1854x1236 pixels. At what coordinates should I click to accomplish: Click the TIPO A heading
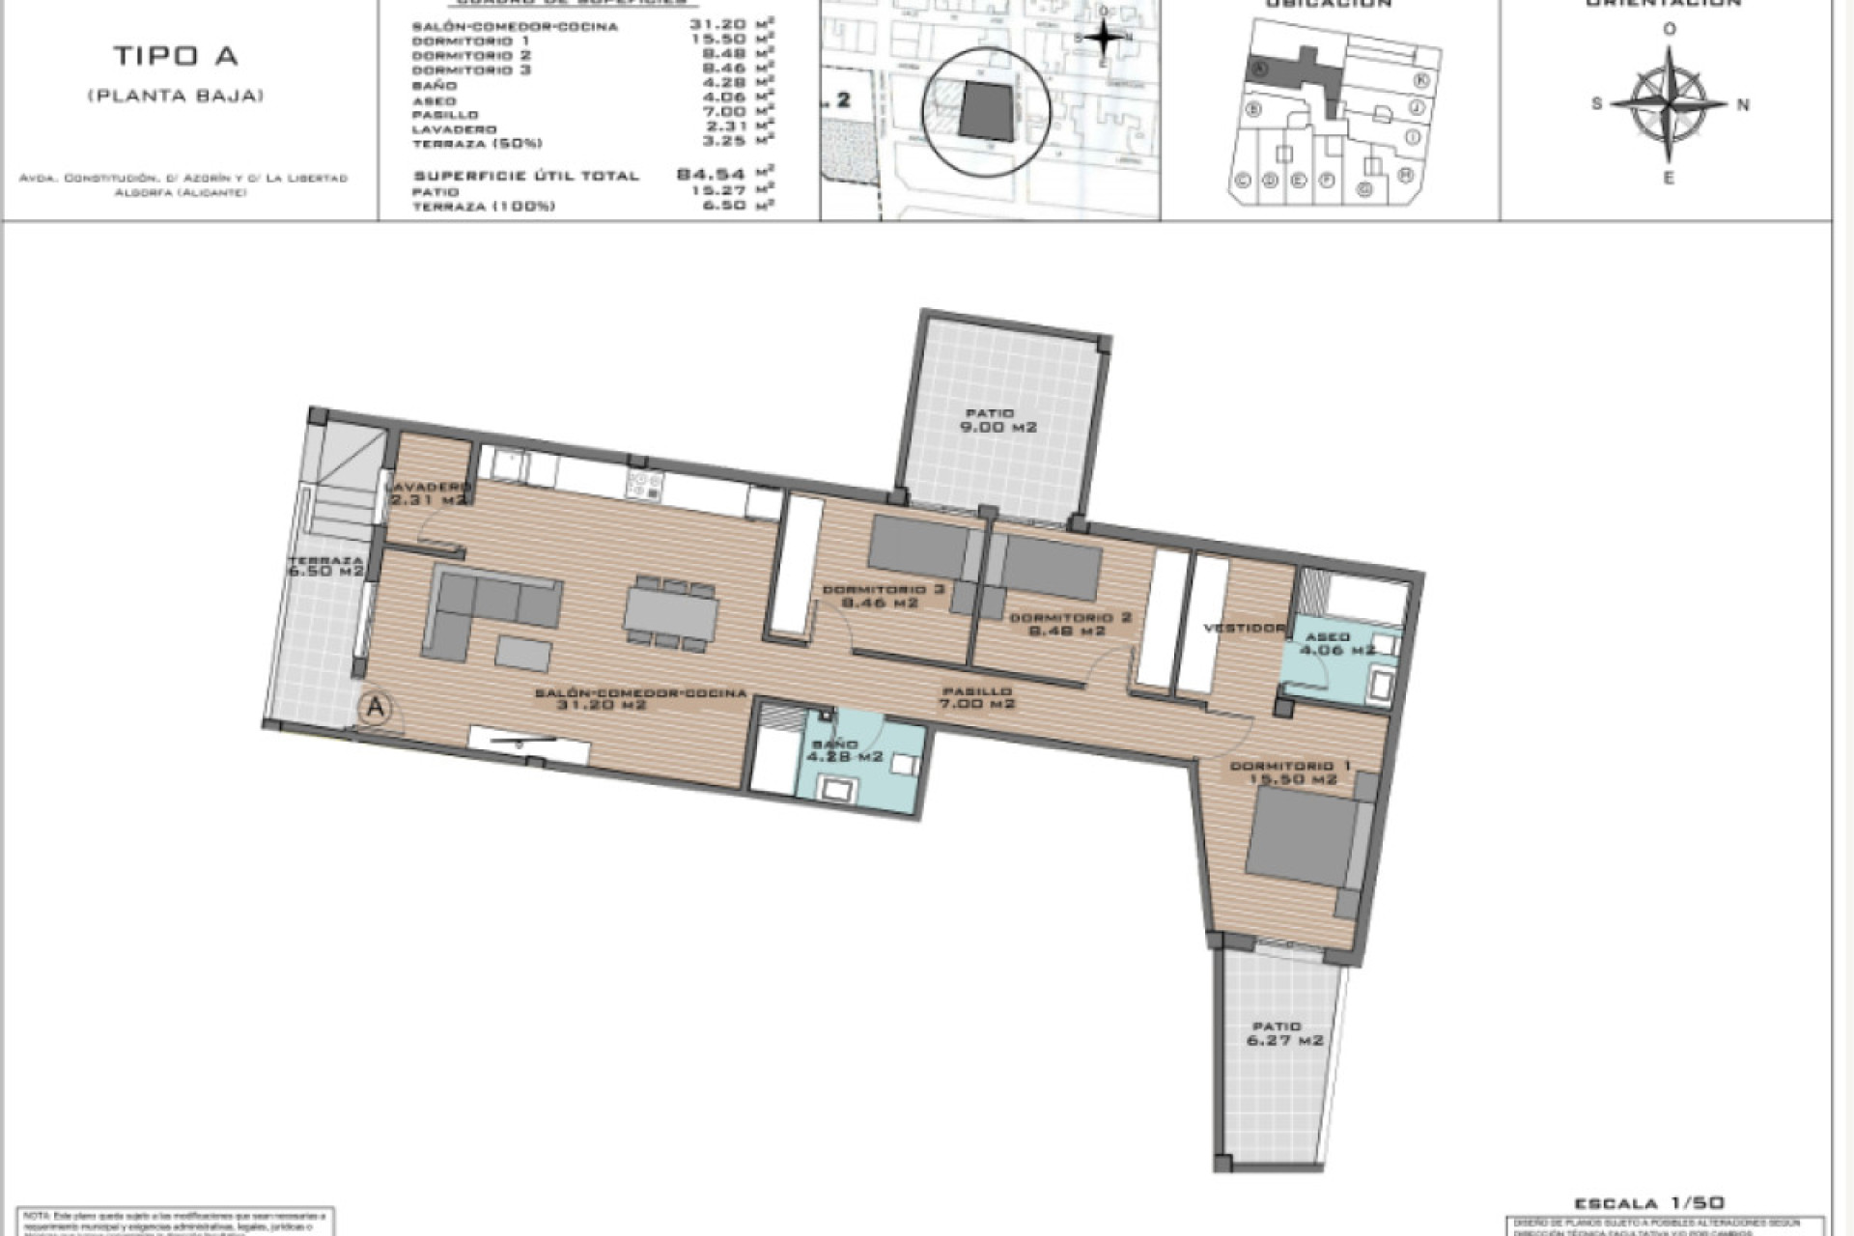click(175, 56)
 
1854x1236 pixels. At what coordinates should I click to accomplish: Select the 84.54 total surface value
click(711, 175)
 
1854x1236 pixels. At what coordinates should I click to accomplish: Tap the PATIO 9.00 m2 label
click(997, 420)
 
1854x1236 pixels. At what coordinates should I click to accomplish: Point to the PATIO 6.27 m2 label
click(1283, 1033)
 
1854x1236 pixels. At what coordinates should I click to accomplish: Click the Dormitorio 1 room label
click(1291, 772)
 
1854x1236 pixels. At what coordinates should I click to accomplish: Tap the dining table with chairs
click(671, 614)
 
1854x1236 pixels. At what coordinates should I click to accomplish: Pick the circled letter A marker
click(376, 709)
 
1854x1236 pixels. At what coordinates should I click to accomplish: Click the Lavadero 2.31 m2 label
click(429, 493)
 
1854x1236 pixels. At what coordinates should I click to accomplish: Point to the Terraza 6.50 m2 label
click(325, 566)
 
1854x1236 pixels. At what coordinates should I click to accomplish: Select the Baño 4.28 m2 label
click(844, 750)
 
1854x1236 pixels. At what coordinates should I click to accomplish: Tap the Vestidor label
click(1243, 628)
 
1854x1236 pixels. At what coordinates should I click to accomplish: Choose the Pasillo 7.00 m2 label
click(977, 697)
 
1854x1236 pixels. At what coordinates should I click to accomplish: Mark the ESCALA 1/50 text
click(1648, 1203)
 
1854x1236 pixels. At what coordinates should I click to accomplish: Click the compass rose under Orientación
click(1669, 103)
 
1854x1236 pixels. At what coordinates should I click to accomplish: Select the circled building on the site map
click(986, 111)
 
